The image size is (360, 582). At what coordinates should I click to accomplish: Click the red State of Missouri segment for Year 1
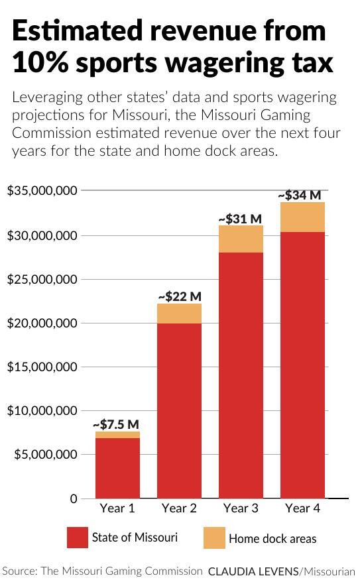[x=117, y=467]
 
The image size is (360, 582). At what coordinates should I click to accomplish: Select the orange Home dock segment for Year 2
[x=179, y=314]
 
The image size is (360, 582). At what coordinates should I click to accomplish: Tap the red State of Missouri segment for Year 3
[x=241, y=375]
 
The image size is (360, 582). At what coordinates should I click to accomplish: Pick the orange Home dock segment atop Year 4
[x=302, y=217]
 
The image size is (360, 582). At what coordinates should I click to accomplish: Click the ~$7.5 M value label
[x=115, y=424]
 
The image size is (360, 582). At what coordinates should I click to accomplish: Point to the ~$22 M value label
[x=179, y=296]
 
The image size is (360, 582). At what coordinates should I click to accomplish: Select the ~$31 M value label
[x=240, y=218]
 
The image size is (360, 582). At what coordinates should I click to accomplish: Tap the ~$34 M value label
[x=299, y=195]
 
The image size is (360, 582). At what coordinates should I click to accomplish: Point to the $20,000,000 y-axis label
[x=42, y=323]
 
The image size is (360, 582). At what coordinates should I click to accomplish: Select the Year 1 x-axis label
[x=117, y=508]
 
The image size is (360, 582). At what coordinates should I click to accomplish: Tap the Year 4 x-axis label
[x=302, y=508]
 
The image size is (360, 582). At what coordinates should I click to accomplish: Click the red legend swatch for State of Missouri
[x=78, y=538]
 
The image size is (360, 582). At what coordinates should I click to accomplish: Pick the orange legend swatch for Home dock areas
[x=213, y=538]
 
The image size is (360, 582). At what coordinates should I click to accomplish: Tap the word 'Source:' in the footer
[x=19, y=570]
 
